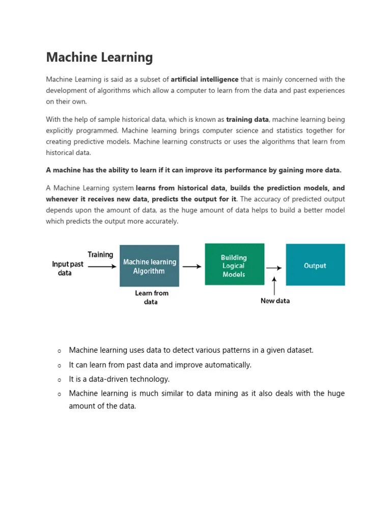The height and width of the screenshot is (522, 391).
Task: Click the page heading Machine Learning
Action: pos(99,58)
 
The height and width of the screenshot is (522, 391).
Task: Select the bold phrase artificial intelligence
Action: pos(204,80)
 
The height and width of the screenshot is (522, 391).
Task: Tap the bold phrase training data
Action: pos(247,120)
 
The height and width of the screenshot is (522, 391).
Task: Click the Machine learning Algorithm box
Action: pos(149,266)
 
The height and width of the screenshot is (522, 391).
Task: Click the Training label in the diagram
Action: pos(100,255)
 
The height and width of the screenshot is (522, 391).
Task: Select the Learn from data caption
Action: pos(151,297)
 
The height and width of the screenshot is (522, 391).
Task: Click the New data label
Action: pos(275,301)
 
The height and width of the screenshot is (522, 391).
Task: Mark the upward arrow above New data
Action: pos(275,286)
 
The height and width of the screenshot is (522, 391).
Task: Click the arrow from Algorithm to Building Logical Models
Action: pos(191,266)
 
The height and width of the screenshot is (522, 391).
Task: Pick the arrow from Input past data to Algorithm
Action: pos(100,266)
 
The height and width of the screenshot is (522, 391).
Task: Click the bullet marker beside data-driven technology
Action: pos(59,380)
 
